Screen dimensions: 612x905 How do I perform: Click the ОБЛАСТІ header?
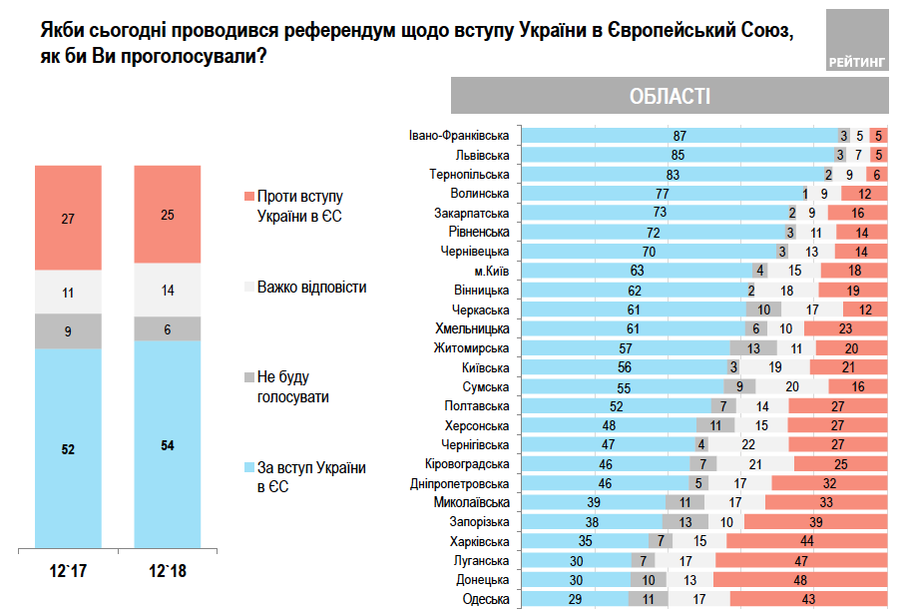pyautogui.click(x=670, y=96)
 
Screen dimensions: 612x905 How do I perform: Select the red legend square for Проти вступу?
pyautogui.click(x=248, y=197)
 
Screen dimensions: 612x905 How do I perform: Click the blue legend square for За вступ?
pyautogui.click(x=248, y=467)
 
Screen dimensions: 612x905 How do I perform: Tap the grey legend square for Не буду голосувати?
pyautogui.click(x=248, y=377)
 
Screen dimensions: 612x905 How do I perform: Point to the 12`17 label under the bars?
pyautogui.click(x=68, y=573)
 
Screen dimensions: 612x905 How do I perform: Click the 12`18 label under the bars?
pyautogui.click(x=167, y=573)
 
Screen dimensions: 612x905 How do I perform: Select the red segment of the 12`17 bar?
pyautogui.click(x=68, y=218)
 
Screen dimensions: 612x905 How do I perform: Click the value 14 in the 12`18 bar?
pyautogui.click(x=167, y=290)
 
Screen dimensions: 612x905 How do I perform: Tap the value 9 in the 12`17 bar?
pyautogui.click(x=68, y=330)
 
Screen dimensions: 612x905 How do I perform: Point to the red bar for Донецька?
pyautogui.click(x=799, y=580)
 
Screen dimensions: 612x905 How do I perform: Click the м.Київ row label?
pyautogui.click(x=489, y=271)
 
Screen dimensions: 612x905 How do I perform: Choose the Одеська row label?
pyautogui.click(x=487, y=599)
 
